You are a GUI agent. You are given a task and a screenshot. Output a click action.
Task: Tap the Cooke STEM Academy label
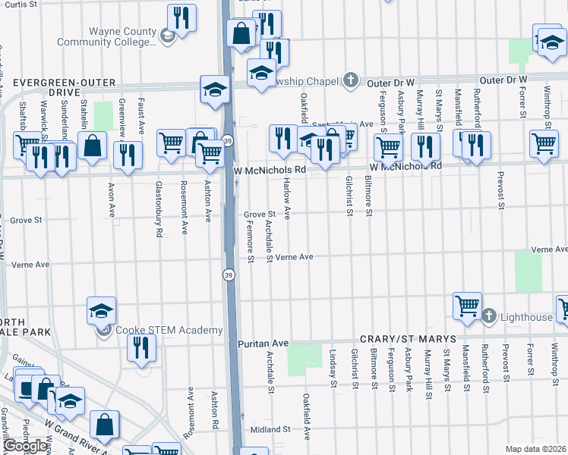[169, 330]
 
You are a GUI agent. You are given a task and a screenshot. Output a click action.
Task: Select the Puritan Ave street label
[263, 343]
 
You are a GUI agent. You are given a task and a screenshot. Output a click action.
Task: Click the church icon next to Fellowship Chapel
[350, 80]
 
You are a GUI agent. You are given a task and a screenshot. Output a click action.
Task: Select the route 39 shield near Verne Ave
[228, 274]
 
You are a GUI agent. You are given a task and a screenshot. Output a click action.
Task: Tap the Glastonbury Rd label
[159, 220]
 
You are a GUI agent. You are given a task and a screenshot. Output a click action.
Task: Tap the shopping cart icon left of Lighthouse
[467, 306]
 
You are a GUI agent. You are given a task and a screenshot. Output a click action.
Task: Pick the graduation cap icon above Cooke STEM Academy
[101, 310]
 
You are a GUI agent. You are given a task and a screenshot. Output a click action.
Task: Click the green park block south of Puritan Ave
[305, 356]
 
